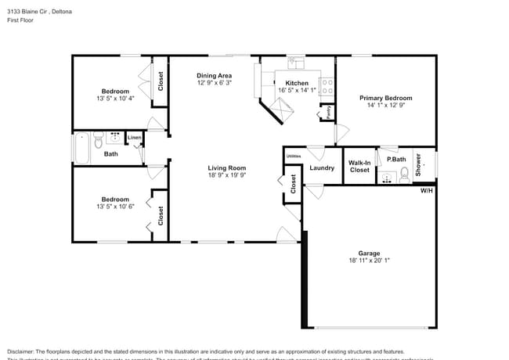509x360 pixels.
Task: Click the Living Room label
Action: click(x=226, y=167)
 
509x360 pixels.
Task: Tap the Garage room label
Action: click(x=369, y=253)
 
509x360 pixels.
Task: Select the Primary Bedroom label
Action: click(x=385, y=98)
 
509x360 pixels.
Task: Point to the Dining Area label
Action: click(x=213, y=75)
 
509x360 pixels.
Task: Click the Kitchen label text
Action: click(x=297, y=83)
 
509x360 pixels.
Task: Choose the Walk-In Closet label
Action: click(x=359, y=166)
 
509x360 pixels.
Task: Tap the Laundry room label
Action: click(x=322, y=167)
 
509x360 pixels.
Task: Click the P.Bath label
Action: click(x=395, y=160)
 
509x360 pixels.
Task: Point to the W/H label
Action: click(x=426, y=190)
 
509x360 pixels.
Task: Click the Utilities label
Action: click(x=294, y=157)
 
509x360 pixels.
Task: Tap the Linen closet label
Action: click(x=135, y=138)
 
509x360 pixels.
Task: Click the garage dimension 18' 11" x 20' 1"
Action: click(x=369, y=261)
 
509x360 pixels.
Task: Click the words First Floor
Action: click(x=20, y=21)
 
